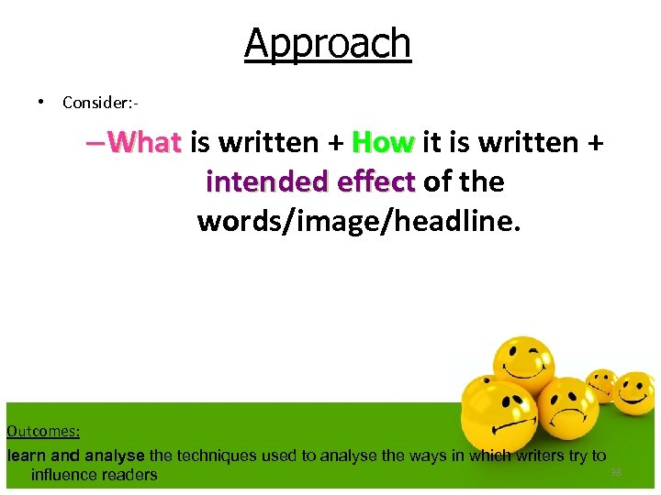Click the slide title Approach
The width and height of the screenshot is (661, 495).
point(328,43)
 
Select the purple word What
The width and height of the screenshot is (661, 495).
point(143,142)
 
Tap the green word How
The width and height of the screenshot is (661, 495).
point(383,142)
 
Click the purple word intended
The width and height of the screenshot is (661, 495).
point(266,181)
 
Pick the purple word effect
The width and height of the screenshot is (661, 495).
point(376,181)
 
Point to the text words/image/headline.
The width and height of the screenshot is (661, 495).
point(358,221)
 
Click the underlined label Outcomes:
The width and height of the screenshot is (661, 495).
point(43,431)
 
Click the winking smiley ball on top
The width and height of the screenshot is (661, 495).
point(524,365)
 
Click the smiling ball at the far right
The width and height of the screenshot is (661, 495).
point(633,392)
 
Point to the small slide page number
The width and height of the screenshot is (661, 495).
point(616,472)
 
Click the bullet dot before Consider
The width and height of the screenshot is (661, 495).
point(42,102)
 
